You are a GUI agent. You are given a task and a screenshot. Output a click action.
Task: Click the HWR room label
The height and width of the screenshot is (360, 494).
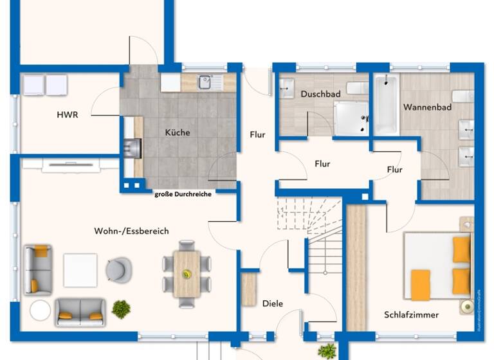[x=67, y=115]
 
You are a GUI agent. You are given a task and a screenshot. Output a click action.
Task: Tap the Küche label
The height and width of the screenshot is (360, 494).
[x=177, y=132]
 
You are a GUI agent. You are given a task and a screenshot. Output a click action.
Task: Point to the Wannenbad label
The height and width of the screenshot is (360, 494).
[x=427, y=107]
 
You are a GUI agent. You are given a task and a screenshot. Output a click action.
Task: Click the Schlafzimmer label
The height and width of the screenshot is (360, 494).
[x=411, y=315]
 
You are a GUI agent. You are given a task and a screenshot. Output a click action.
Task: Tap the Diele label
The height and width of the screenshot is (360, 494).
[x=273, y=303]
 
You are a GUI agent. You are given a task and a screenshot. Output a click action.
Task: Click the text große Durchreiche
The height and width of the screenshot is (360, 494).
[x=183, y=194]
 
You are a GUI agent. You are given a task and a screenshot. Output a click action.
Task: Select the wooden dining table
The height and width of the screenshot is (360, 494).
[x=187, y=273]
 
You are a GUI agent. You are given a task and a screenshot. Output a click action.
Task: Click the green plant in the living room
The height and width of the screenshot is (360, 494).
[x=121, y=309]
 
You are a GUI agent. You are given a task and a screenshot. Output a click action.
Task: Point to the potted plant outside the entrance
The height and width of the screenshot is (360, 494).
[x=327, y=351]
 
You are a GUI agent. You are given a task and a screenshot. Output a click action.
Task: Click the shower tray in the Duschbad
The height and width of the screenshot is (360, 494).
[x=351, y=118]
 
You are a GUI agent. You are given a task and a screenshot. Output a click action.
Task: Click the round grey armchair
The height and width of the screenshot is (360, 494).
[x=118, y=269]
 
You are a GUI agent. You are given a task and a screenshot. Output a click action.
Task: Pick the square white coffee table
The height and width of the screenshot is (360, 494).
[x=80, y=270]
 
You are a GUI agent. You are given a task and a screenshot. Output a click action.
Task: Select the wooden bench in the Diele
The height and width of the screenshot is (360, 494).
[x=249, y=289]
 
